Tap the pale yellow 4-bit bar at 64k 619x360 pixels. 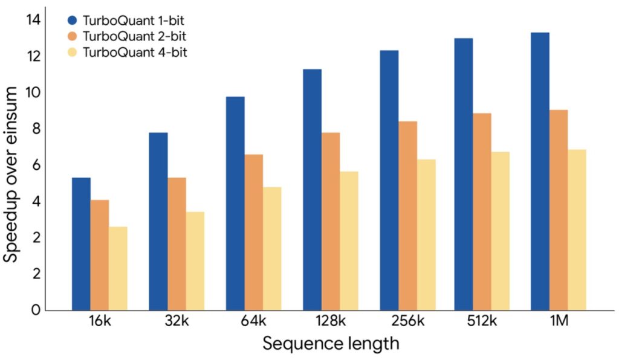(272, 248)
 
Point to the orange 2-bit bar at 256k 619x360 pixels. (407, 216)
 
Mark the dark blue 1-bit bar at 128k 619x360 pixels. (312, 190)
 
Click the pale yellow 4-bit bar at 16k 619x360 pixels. (118, 268)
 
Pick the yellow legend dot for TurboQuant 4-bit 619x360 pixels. (73, 53)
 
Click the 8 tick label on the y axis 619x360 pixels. (36, 129)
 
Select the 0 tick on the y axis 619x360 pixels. (36, 310)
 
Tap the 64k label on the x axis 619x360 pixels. (253, 322)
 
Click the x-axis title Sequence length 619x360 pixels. (331, 344)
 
